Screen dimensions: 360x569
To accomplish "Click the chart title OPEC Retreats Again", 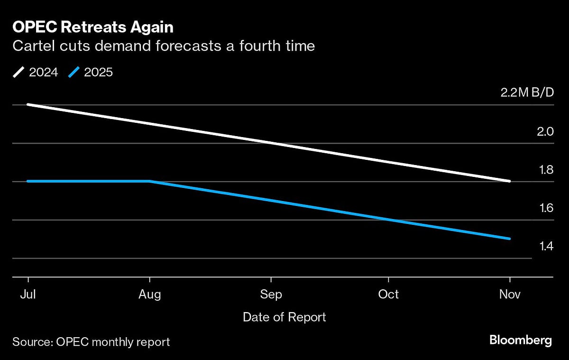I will click(93, 28).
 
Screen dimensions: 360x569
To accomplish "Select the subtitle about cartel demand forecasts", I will click(164, 46).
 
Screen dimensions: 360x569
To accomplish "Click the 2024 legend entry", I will click(36, 73).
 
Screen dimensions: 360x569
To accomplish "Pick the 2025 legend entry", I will click(91, 73).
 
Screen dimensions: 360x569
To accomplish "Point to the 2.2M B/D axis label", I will click(527, 92).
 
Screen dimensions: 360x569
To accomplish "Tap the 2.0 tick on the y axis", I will click(543, 131).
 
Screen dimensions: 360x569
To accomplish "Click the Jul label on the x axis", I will click(28, 295).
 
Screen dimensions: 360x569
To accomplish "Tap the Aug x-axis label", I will click(150, 295).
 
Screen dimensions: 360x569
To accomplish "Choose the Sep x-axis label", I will click(271, 295).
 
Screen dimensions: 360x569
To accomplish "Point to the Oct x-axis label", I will click(388, 295).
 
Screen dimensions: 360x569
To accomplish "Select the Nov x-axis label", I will click(510, 295).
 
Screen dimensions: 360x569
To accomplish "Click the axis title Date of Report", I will click(284, 317).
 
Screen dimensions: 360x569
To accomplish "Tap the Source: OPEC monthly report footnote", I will click(91, 342).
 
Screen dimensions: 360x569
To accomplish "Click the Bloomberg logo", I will click(521, 340).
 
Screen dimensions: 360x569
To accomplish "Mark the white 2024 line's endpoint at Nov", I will click(509, 181).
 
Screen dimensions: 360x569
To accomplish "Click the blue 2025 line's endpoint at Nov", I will click(509, 239).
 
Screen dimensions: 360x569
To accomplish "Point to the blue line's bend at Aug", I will click(150, 181).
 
